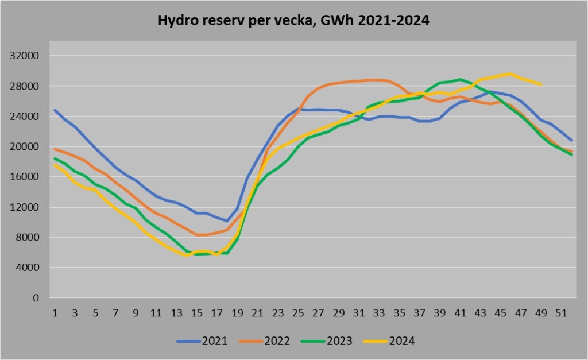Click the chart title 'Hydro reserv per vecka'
point(293,21)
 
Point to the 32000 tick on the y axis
point(25,56)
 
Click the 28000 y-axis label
point(25,86)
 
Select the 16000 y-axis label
point(25,177)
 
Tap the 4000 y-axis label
point(28,268)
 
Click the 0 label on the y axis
point(36,298)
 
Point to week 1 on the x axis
point(55,313)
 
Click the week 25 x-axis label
point(299,313)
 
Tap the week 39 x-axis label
point(440,313)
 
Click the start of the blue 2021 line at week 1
point(55,110)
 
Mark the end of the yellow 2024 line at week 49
point(541,84)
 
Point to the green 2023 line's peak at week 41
point(460,79)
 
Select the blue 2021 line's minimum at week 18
point(227,221)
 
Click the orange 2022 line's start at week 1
point(55,149)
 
